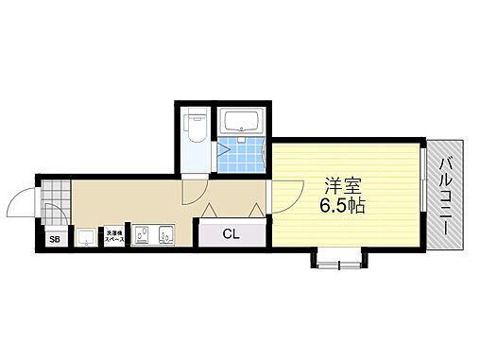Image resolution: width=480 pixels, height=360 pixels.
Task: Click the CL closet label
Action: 230,233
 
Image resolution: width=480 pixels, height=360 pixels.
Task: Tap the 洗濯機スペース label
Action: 113,235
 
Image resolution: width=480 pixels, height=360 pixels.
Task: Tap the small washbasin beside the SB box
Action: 86,236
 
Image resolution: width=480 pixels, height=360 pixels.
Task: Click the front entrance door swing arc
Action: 22,200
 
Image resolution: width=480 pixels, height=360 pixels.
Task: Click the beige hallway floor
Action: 123,201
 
